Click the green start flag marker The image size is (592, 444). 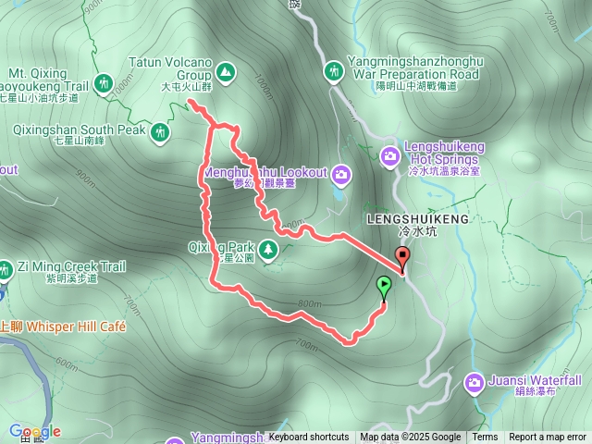coord(384,287)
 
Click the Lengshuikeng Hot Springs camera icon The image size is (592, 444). coord(389,154)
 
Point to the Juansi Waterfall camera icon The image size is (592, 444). coord(475,381)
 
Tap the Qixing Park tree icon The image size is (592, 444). coord(268,248)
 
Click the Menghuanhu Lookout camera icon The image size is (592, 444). coord(341,173)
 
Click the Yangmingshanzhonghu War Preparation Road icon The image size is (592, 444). coord(334,70)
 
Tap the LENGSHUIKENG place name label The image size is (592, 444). coord(418,219)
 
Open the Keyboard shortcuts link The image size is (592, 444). coord(309,438)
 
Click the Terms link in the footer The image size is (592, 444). coord(485,438)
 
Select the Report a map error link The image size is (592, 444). coord(549,438)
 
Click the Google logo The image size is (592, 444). coord(35,431)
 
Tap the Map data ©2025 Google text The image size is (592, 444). coord(410,438)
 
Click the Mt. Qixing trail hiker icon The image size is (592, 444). coord(105,83)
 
